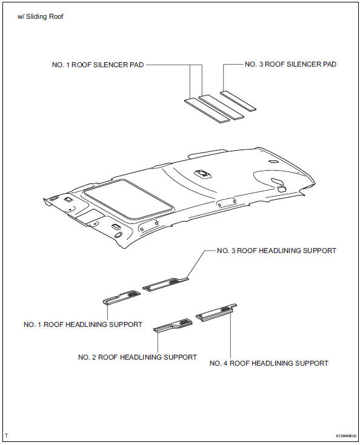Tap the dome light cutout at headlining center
click(x=201, y=174)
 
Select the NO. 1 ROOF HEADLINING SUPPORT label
click(x=83, y=325)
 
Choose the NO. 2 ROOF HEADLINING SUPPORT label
click(x=138, y=357)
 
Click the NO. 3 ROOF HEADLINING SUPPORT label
click(x=276, y=250)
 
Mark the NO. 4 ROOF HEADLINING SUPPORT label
click(x=268, y=363)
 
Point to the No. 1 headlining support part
click(x=121, y=297)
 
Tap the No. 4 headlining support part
click(x=216, y=312)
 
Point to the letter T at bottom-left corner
click(x=7, y=435)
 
